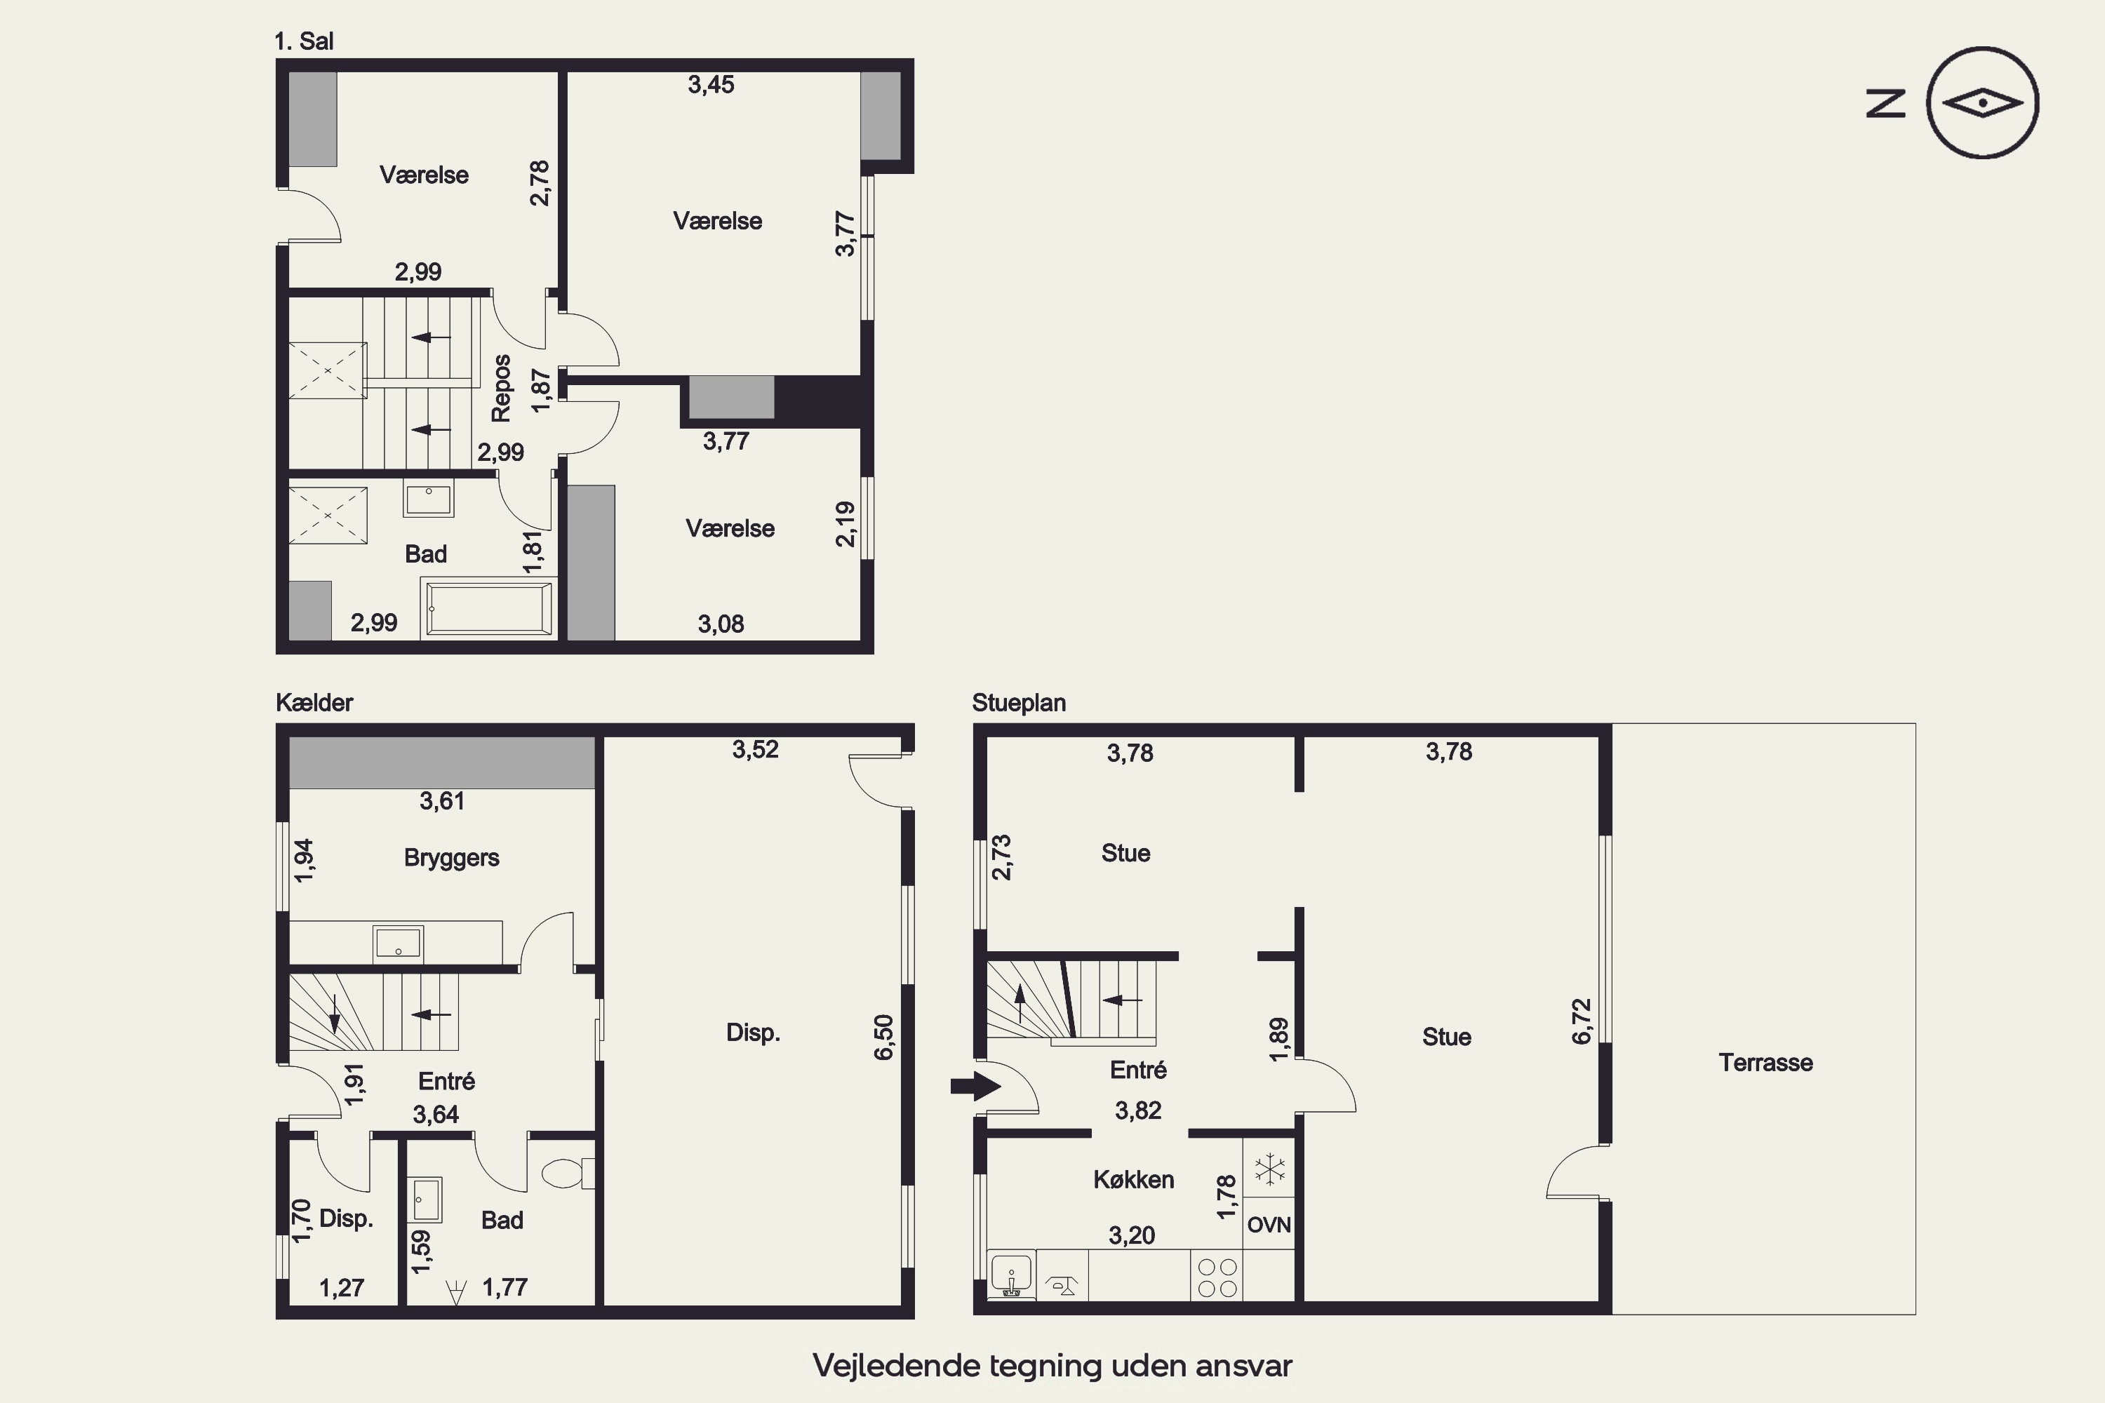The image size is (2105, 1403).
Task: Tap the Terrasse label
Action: click(x=1765, y=1063)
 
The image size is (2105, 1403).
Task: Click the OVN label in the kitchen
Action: click(x=1269, y=1225)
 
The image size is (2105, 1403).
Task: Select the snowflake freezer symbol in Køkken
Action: click(x=1269, y=1169)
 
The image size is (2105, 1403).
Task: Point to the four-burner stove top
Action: click(x=1217, y=1277)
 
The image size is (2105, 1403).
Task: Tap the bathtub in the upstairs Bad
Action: click(x=488, y=608)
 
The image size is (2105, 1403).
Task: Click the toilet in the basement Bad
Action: click(x=568, y=1173)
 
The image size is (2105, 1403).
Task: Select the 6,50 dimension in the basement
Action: click(x=883, y=1037)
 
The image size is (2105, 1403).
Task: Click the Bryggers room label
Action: click(x=451, y=858)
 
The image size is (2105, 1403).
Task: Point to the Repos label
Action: click(x=501, y=389)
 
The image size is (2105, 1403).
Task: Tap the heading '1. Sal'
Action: click(x=305, y=41)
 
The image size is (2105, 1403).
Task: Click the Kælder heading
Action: click(x=314, y=702)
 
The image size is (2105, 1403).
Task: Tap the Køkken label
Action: click(x=1133, y=1179)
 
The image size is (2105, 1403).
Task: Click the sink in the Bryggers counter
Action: click(x=399, y=943)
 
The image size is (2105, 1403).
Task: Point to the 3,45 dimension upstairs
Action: click(x=711, y=85)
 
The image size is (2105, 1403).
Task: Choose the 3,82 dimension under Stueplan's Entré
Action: click(x=1137, y=1110)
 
